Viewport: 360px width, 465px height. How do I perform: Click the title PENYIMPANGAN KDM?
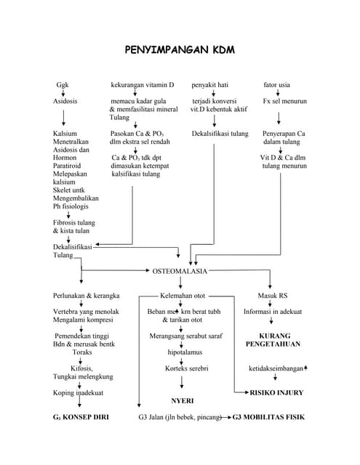pos(180,52)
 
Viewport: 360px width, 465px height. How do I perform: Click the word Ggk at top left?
pos(63,84)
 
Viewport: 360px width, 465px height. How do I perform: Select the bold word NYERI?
pos(182,400)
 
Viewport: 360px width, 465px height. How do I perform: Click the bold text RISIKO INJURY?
pos(276,392)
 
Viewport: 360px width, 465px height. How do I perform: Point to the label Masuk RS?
pos(273,296)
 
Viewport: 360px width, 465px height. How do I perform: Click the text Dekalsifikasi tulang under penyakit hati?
pos(220,134)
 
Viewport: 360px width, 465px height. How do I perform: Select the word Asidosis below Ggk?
pos(65,101)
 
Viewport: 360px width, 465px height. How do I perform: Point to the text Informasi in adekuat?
pos(273,312)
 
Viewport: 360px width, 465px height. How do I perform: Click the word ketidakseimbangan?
pos(276,368)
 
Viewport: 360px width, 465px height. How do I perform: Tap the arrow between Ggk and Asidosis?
pos(63,92)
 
